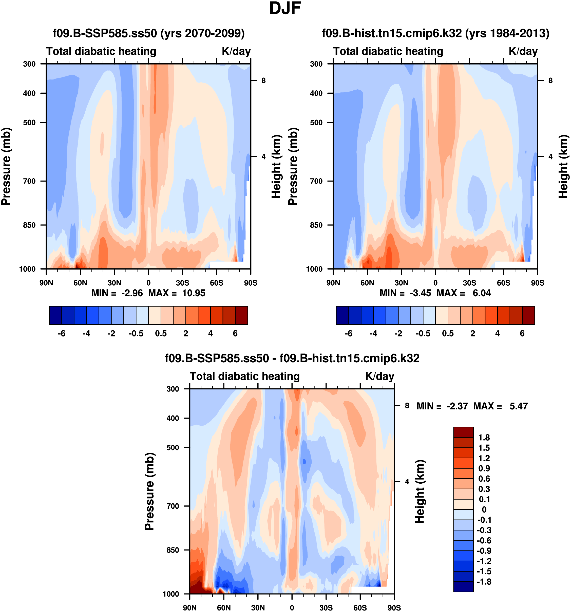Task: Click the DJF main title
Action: coord(285,8)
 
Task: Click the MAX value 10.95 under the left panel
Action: coord(193,293)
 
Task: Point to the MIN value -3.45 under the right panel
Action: coord(420,293)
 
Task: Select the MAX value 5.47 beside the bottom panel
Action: coord(519,406)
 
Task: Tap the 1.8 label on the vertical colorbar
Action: coord(484,438)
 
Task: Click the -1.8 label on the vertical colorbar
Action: coord(484,582)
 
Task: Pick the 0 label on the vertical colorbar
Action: coord(484,509)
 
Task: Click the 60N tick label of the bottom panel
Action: coord(224,608)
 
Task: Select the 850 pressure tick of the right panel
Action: coord(316,225)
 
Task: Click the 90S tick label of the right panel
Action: coord(537,283)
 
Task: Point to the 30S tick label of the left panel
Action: coord(182,283)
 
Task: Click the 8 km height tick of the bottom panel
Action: coord(407,406)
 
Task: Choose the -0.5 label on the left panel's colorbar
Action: coord(136,333)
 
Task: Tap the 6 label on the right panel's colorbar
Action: coord(522,333)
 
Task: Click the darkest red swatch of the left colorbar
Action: coord(241,315)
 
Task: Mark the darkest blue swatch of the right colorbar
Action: coord(342,315)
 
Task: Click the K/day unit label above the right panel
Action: coord(523,51)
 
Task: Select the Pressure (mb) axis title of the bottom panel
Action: coord(149,492)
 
